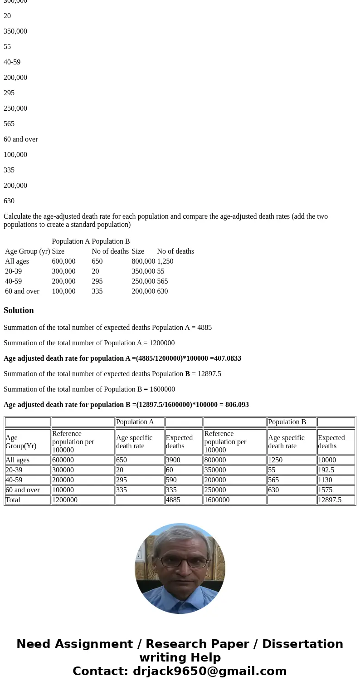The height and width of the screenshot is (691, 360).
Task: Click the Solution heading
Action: click(x=19, y=310)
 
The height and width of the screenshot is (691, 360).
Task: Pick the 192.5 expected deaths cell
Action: click(x=326, y=470)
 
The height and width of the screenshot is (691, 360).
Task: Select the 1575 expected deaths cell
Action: click(x=325, y=490)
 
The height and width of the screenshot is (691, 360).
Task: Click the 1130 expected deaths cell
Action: click(x=325, y=480)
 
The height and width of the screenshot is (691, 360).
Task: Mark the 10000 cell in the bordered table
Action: click(x=327, y=460)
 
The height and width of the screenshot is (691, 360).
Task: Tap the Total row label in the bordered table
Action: click(x=13, y=500)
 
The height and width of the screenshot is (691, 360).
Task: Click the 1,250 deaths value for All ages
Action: click(x=165, y=261)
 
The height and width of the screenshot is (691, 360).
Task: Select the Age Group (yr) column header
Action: click(x=27, y=251)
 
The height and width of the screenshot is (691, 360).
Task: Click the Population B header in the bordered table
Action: click(x=287, y=422)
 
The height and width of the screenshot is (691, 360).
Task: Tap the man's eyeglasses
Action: click(x=180, y=562)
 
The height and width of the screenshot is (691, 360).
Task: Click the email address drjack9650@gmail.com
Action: click(x=209, y=671)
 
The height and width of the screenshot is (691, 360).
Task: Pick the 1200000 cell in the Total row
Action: click(x=64, y=500)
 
